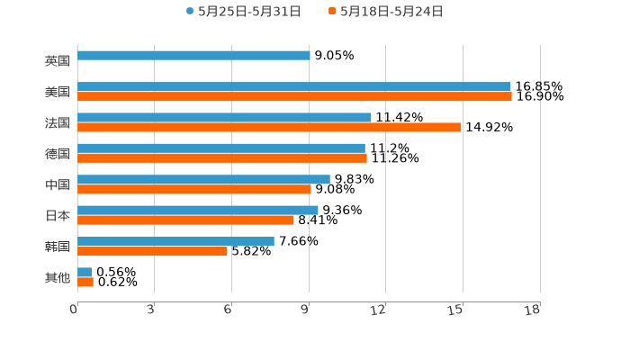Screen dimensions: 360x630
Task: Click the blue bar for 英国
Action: pos(193,56)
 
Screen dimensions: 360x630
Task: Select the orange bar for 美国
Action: pos(294,97)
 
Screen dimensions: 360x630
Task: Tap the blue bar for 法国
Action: pos(224,118)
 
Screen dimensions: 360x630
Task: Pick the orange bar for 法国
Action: pos(269,128)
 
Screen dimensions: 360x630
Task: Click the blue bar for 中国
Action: pos(203,179)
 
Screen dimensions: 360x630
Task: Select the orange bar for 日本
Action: pos(185,220)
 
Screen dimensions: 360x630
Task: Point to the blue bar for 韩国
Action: pos(175,241)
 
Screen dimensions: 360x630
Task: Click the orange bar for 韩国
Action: pos(152,252)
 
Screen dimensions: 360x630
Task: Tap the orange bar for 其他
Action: pos(85,283)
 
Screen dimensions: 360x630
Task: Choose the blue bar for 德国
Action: pos(221,148)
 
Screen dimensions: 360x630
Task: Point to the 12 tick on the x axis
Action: pos(378,310)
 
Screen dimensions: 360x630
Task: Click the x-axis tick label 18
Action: pos(532,310)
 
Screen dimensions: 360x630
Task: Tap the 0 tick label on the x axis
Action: pos(74,310)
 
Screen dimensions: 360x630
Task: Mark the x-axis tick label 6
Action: pos(228,310)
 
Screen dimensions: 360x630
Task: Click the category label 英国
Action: pos(58,61)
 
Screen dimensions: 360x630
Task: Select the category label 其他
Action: pos(58,277)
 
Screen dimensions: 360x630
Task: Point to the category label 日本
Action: pos(58,216)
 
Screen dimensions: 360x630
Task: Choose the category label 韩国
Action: pos(58,247)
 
